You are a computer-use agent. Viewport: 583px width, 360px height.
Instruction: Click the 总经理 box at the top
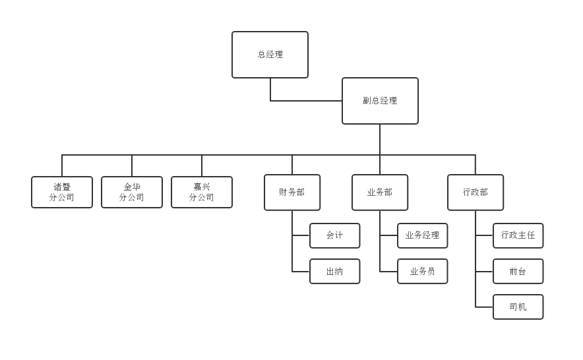270,55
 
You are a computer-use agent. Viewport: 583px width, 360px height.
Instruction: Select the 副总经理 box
380,101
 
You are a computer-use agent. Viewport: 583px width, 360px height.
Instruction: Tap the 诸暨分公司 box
62,192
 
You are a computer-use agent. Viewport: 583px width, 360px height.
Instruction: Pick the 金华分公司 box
132,192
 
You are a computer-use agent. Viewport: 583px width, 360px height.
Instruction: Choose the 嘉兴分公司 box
202,192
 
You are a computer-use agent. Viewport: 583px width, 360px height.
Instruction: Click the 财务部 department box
292,193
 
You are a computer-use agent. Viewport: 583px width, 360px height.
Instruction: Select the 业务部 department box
380,193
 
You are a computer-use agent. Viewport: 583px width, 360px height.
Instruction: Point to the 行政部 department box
476,193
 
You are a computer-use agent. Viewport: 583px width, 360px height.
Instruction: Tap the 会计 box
335,235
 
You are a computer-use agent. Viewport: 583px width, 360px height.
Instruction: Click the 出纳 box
335,271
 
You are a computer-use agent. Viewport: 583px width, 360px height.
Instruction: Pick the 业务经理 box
423,235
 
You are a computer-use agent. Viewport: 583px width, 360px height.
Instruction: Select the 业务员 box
423,271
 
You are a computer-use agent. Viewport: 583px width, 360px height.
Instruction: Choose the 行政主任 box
518,235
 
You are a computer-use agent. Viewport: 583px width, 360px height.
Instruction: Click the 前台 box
518,271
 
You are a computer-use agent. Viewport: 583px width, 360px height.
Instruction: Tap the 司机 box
518,307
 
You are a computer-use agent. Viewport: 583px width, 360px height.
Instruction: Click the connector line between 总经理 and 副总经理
303,101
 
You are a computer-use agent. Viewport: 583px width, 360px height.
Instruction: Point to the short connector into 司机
484,307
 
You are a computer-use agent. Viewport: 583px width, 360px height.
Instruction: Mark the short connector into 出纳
301,271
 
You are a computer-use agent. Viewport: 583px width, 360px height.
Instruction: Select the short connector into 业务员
388,271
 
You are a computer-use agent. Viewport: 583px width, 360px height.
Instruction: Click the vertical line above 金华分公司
132,165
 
